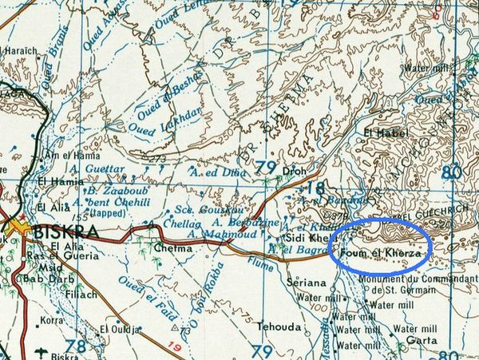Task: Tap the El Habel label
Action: click(x=381, y=132)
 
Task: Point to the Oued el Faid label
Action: click(x=135, y=292)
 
